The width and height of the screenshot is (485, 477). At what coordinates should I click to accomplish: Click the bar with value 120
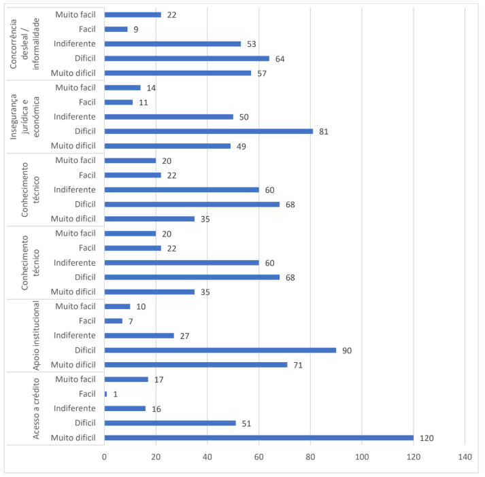258,438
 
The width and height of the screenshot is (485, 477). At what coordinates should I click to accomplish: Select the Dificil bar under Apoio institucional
220,350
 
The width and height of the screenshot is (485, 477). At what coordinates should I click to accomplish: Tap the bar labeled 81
208,131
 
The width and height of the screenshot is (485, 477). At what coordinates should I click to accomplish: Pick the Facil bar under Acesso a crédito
106,394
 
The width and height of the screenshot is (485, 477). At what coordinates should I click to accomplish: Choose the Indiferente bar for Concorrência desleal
173,43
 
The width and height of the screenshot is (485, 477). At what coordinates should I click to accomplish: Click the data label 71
297,365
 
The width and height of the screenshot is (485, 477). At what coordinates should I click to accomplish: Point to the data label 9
136,29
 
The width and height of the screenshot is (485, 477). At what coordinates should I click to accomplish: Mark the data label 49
241,146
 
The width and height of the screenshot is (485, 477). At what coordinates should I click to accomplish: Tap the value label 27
184,336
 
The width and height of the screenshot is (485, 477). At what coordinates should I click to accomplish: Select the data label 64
280,58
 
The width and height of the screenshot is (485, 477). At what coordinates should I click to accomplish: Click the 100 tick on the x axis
362,457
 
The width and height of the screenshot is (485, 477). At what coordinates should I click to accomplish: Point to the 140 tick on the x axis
465,457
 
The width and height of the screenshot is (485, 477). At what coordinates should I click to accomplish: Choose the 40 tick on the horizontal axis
207,457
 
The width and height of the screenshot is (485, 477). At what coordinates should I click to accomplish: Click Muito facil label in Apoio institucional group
76,306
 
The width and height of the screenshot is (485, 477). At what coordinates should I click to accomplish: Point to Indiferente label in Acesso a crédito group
75,408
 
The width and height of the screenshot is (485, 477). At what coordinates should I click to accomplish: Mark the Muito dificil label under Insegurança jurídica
73,146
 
